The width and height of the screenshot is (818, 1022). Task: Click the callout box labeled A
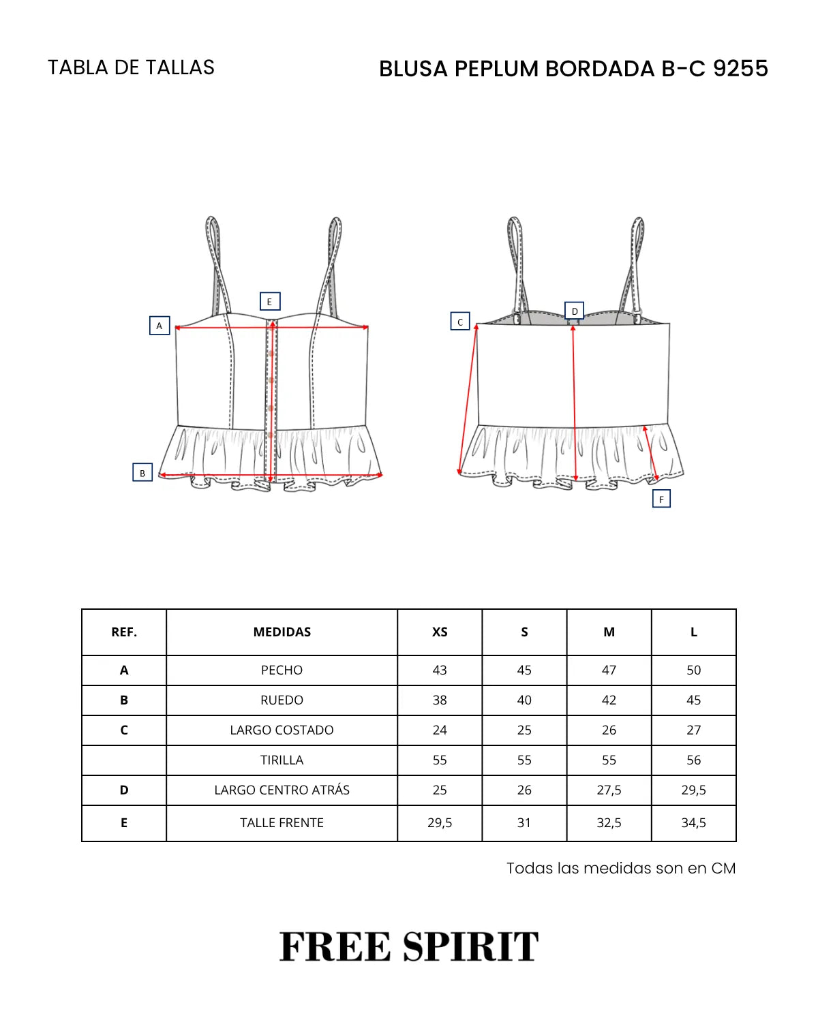160,325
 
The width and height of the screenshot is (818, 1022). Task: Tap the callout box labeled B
142,473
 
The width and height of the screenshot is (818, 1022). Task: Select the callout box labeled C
459,321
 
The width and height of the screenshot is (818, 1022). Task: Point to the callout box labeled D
574,311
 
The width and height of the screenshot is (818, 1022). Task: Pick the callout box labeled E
269,301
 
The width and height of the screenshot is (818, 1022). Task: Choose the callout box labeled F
661,499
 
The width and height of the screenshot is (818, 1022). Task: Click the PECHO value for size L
693,670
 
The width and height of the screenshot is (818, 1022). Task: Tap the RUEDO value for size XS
440,700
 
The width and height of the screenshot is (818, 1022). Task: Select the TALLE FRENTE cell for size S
524,822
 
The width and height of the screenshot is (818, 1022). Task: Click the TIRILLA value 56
693,760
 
